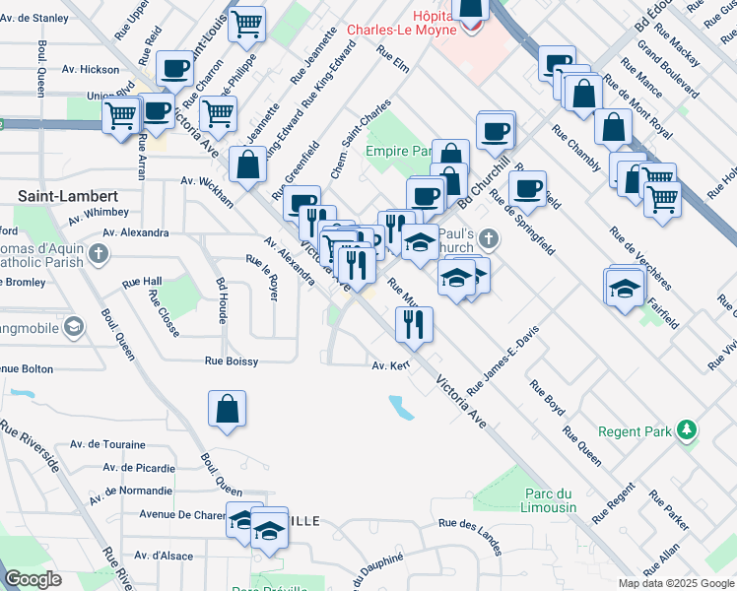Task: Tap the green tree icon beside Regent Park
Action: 687,431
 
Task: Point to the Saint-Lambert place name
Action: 61,196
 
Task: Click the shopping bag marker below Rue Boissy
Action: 227,409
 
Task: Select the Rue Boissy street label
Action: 232,361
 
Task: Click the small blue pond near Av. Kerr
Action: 401,406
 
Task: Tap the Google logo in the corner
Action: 33,579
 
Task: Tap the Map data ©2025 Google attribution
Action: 676,583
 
